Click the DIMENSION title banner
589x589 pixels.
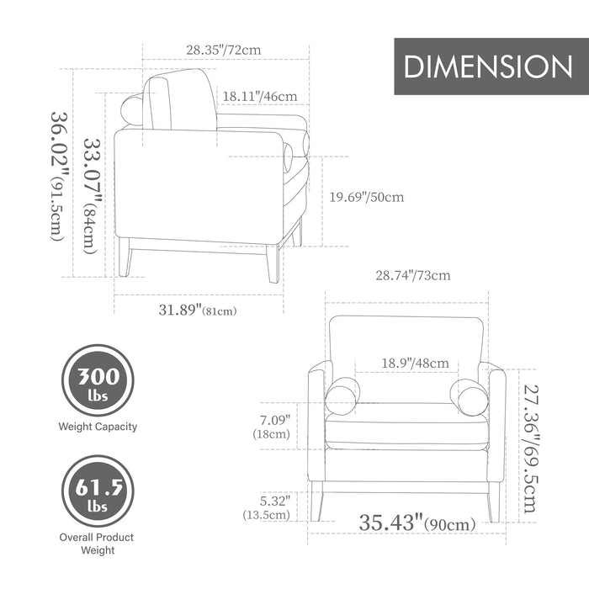pyautogui.click(x=491, y=66)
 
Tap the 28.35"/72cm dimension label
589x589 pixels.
pyautogui.click(x=224, y=50)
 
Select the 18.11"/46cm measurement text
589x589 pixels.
pyautogui.click(x=260, y=97)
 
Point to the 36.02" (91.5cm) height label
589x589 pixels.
pyautogui.click(x=60, y=176)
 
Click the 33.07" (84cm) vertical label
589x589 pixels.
pyautogui.click(x=92, y=196)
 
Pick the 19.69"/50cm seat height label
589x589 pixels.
pyautogui.click(x=367, y=197)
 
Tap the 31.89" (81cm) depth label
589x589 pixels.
pyautogui.click(x=198, y=310)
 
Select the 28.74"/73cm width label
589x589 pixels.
pyautogui.click(x=413, y=275)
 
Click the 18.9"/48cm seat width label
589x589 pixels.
pyautogui.click(x=415, y=363)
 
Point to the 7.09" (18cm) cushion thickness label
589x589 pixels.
pyautogui.click(x=272, y=427)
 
